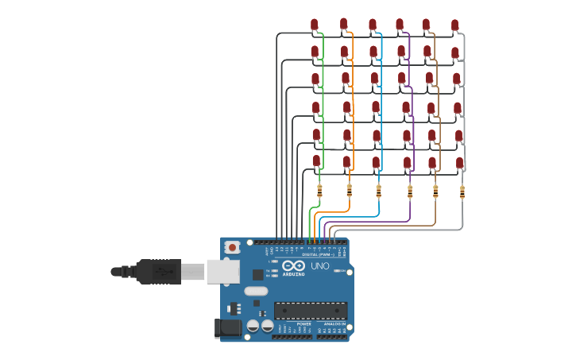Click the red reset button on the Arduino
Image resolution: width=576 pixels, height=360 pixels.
[x=232, y=248]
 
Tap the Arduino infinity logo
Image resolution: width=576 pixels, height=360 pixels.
[x=293, y=266]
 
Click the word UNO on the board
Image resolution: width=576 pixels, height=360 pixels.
[x=319, y=266]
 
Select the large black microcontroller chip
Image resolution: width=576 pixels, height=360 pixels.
[x=311, y=310]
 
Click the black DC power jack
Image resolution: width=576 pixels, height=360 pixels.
[x=229, y=327]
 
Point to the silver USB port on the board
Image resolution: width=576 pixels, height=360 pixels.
[x=222, y=271]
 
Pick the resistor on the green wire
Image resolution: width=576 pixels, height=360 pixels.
[x=319, y=191]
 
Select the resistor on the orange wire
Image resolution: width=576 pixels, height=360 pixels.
[x=350, y=191]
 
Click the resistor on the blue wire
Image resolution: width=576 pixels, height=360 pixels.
[x=378, y=191]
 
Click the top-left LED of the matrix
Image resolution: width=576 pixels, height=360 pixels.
[x=315, y=25]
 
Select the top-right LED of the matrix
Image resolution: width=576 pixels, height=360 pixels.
[x=454, y=26]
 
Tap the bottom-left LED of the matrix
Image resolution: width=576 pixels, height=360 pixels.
[x=316, y=161]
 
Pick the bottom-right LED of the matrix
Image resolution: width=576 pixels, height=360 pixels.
[x=459, y=163]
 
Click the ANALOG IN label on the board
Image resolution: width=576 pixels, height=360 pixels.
[x=332, y=324]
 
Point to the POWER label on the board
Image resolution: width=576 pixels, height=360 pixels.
[x=303, y=324]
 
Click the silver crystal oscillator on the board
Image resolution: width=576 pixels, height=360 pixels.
[x=256, y=291]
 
